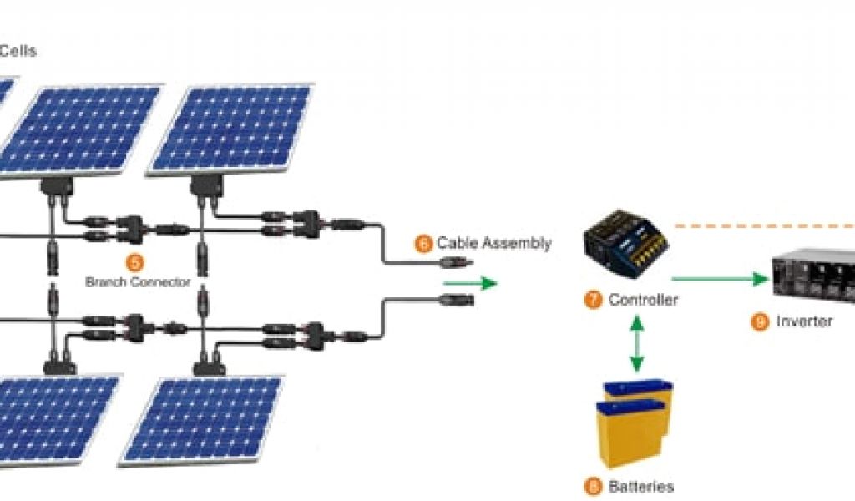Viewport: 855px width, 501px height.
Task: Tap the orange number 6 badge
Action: [x=424, y=244]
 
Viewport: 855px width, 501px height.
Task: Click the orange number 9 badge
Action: [x=760, y=321]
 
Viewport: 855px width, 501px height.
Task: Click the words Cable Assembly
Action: [x=493, y=244]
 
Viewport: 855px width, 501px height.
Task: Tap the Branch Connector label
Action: [x=138, y=282]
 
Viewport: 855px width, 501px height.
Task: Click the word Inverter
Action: [x=804, y=321]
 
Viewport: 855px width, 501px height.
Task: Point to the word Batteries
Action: [x=640, y=486]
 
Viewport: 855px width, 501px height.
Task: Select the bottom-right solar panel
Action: [x=201, y=419]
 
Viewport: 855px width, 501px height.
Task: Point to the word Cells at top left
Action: [x=18, y=51]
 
